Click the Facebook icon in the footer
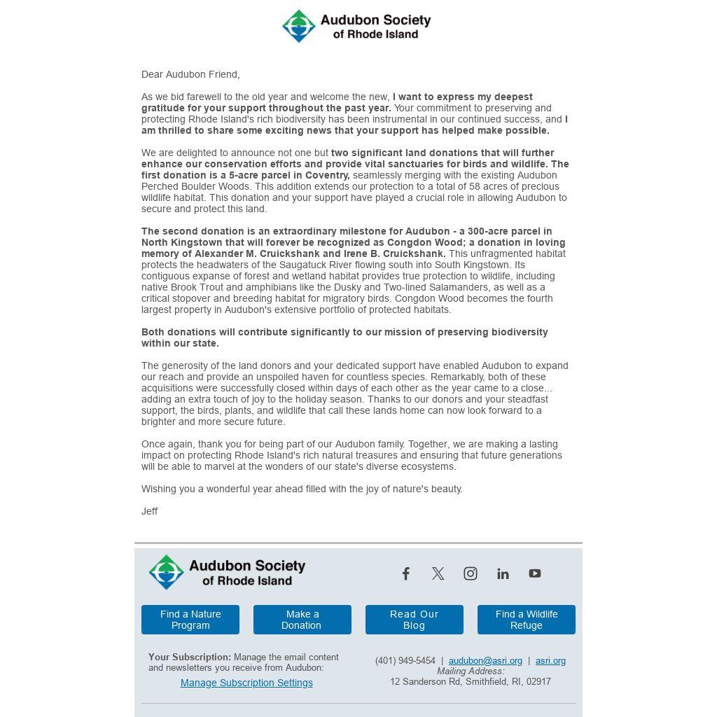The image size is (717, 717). pos(405,573)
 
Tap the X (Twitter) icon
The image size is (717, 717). pos(438,573)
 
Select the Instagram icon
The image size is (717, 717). pos(471,573)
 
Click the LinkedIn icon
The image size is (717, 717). pos(503,574)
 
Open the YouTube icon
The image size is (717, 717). pos(535,573)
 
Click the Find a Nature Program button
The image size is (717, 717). pos(190,620)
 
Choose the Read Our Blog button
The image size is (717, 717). pos(415,620)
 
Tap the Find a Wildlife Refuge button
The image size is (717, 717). pos(527,620)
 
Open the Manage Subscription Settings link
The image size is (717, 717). pos(246,683)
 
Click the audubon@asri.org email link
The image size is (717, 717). pos(485,660)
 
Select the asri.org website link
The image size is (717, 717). pos(550,660)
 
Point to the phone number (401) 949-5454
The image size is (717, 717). pos(405,660)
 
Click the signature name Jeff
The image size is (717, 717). pos(150,511)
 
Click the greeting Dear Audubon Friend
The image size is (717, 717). pos(190,74)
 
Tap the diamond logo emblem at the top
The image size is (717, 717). pos(299,26)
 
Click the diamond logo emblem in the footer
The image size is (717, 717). pos(166,572)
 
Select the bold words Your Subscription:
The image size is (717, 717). pos(190,657)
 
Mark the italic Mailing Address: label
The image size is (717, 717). pos(471,671)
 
